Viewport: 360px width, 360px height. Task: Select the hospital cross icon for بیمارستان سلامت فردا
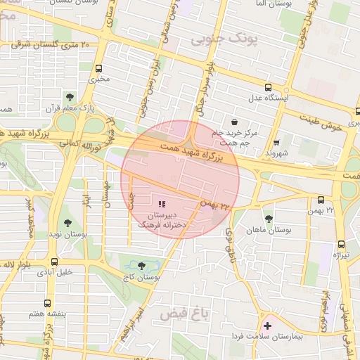click(x=266, y=326)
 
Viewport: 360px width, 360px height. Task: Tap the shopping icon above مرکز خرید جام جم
click(x=233, y=121)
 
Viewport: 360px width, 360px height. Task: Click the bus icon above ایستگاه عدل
click(x=268, y=87)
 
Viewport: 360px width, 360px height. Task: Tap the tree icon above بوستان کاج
click(x=141, y=266)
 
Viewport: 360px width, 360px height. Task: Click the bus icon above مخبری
click(x=98, y=69)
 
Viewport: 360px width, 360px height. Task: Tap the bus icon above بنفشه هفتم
click(x=46, y=303)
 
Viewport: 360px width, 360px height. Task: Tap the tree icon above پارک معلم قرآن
click(x=69, y=96)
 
